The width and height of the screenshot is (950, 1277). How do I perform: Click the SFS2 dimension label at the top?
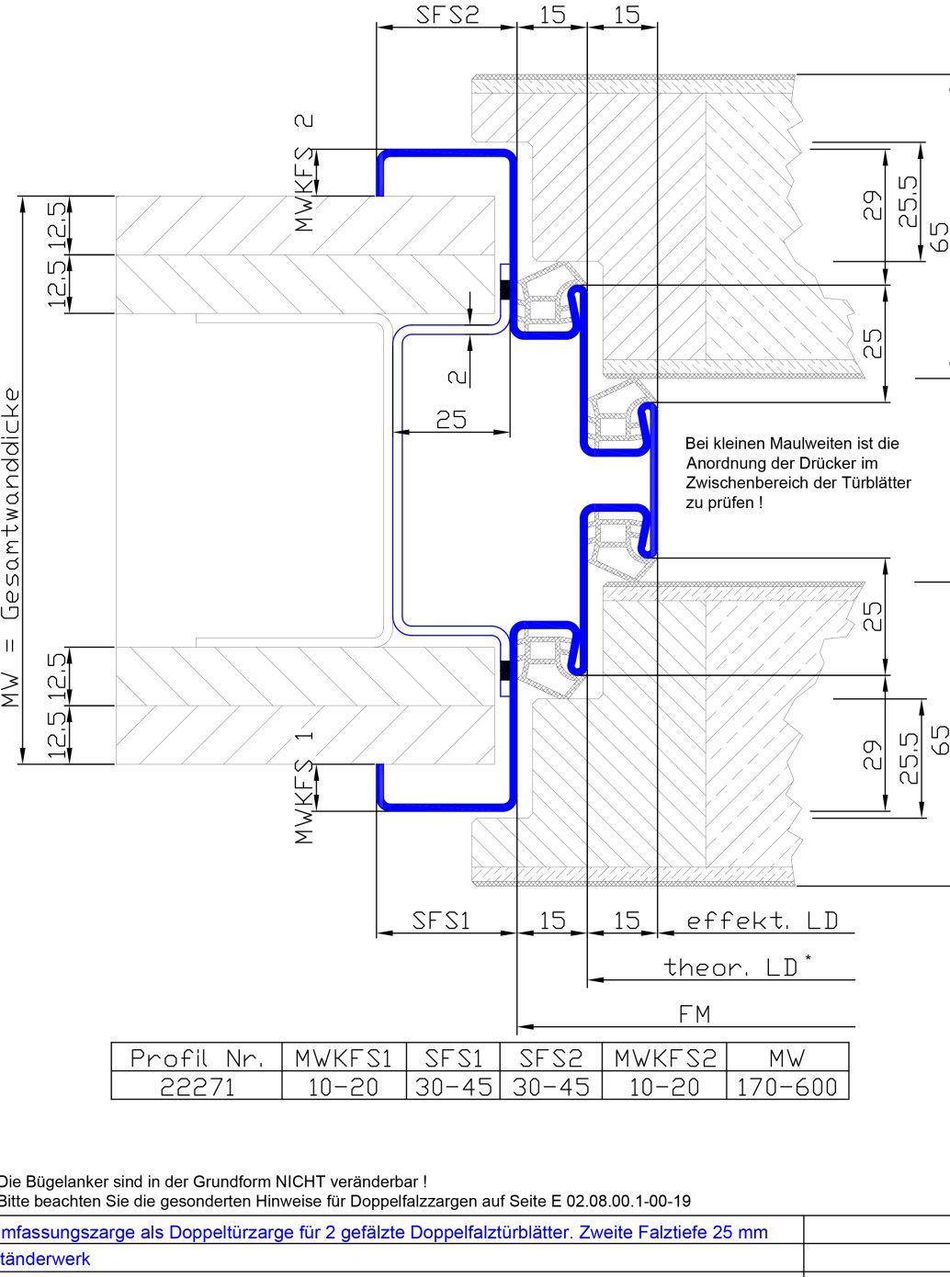pyautogui.click(x=447, y=15)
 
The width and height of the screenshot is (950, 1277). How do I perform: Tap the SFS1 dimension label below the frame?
pyautogui.click(x=441, y=921)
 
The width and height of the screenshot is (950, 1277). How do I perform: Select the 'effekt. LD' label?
pyautogui.click(x=762, y=921)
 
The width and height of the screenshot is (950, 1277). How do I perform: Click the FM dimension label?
pyautogui.click(x=695, y=1014)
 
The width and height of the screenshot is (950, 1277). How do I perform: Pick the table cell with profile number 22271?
pyautogui.click(x=197, y=1087)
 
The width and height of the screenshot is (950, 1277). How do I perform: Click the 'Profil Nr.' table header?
pyautogui.click(x=197, y=1058)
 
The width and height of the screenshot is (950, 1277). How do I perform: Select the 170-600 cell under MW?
pyautogui.click(x=786, y=1087)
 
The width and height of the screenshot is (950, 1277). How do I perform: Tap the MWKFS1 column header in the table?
pyautogui.click(x=344, y=1058)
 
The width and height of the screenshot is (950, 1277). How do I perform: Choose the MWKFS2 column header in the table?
pyautogui.click(x=663, y=1058)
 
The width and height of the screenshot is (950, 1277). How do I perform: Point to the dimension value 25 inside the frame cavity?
pyautogui.click(x=451, y=420)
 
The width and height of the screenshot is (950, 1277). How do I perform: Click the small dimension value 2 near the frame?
pyautogui.click(x=458, y=375)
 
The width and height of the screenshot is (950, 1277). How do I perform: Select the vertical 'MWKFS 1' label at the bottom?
pyautogui.click(x=304, y=787)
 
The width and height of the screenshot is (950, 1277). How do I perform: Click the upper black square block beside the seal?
pyautogui.click(x=504, y=289)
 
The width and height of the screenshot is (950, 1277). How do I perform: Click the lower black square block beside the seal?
pyautogui.click(x=504, y=672)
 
